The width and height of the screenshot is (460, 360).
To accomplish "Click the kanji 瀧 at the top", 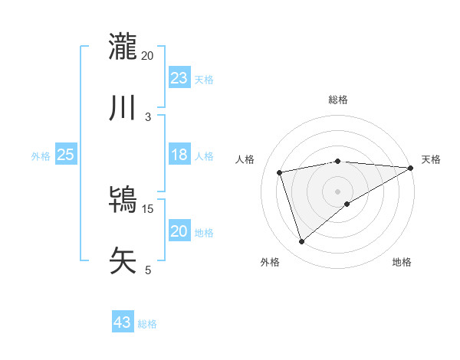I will tap(123, 47).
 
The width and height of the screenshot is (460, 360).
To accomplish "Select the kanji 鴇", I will tap(123, 200).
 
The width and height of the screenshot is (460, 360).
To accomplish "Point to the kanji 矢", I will tap(123, 261).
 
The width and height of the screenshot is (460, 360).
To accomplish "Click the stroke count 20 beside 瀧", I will tap(148, 55).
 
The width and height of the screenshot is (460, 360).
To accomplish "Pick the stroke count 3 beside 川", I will tap(148, 116).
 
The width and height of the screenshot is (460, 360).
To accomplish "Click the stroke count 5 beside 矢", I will tap(148, 270).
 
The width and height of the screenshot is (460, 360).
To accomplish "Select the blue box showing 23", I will tap(179, 77).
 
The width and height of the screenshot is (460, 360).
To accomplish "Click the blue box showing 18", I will tap(179, 155).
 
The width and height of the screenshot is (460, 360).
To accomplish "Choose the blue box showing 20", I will tap(179, 231).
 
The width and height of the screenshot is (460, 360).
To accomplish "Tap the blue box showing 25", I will tap(65, 155).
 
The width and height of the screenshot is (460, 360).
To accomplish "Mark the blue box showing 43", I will tap(123, 322).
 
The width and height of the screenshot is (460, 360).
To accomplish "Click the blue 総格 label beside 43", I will tap(147, 324).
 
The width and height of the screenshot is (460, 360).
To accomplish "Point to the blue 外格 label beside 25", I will tap(41, 156).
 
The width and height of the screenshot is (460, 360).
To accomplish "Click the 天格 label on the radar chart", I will tap(431, 159).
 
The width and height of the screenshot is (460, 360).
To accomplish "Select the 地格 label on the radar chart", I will tap(402, 262).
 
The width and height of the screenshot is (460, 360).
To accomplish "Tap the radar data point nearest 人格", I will tap(280, 172).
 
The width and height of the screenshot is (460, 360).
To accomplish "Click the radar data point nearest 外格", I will tap(301, 242).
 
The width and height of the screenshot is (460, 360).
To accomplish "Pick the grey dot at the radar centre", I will tap(338, 190).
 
